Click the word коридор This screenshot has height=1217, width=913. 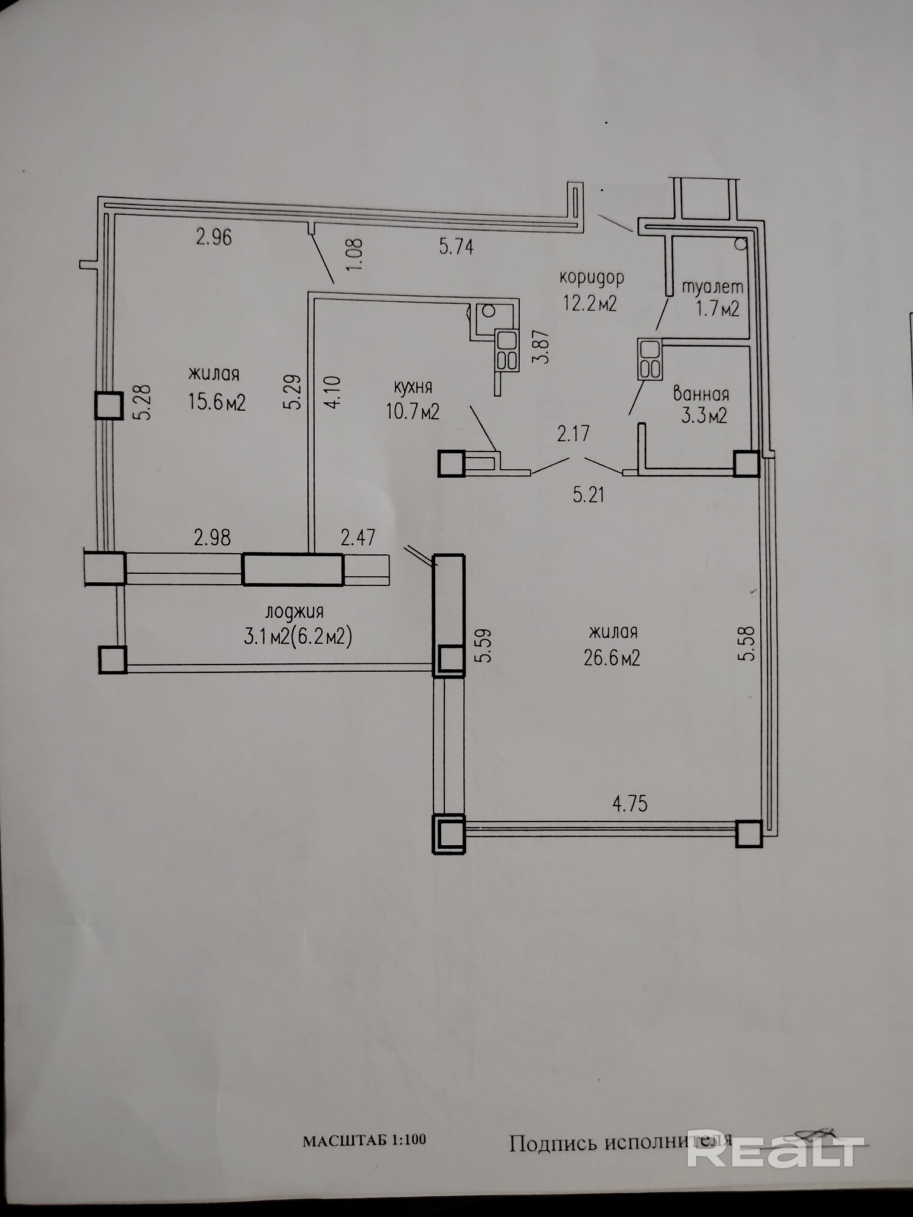pos(592,278)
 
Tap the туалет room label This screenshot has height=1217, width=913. pos(712,287)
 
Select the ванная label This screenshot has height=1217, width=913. pos(701,394)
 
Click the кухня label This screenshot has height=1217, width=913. pos(413,388)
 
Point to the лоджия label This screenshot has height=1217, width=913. pos(295,612)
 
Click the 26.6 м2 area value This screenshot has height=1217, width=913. pos(612,658)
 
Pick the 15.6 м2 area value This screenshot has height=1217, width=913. pos(217,402)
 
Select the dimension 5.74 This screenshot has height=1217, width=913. pos(456,246)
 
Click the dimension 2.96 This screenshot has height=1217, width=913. pos(214,237)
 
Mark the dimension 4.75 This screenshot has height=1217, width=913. pos(630,804)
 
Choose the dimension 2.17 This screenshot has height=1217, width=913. pos(573,434)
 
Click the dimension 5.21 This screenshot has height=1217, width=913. pos(589,494)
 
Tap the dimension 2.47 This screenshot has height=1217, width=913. pos(358,538)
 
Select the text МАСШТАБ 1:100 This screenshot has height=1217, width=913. pos(365,1140)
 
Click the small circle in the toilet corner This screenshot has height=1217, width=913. pos(741,245)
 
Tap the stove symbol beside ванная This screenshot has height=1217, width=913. pos(650,359)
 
